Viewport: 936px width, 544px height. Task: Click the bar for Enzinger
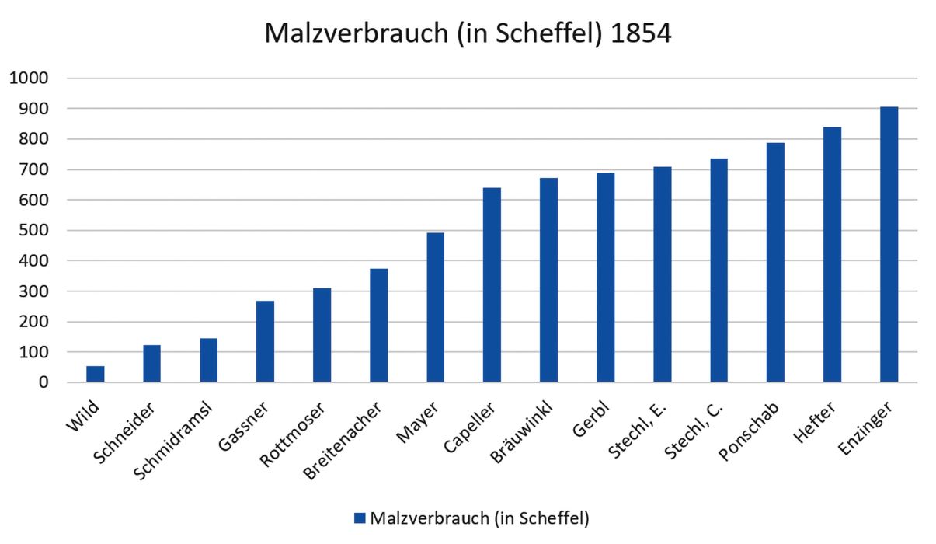(x=889, y=245)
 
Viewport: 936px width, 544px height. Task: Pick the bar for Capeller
(x=492, y=285)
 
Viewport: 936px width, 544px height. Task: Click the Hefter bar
(x=832, y=255)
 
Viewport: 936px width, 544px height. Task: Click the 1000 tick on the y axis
(x=29, y=78)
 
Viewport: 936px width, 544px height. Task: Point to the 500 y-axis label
(x=35, y=231)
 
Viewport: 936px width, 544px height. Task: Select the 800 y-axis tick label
(x=35, y=140)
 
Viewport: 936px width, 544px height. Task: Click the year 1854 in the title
(x=642, y=34)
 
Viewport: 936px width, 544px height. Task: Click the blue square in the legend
(x=360, y=518)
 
